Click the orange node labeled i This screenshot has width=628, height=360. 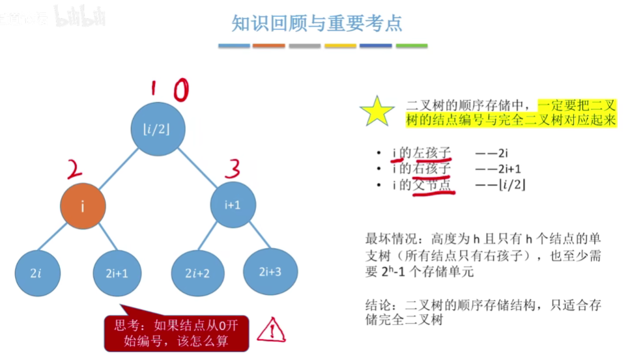click(x=83, y=206)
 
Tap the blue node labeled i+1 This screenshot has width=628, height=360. click(x=233, y=204)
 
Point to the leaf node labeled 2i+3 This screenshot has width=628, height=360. click(x=270, y=270)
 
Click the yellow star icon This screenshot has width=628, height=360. click(x=377, y=112)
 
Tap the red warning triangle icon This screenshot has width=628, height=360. click(x=271, y=331)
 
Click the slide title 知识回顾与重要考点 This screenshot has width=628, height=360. click(x=317, y=24)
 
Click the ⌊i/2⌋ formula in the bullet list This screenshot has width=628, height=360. click(x=511, y=185)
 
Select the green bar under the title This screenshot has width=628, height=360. click(x=412, y=46)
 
